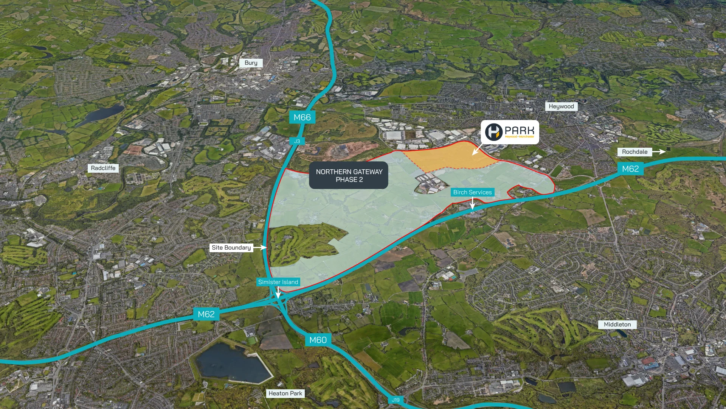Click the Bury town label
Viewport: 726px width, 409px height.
coord(251,63)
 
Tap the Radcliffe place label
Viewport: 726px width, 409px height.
coord(103,168)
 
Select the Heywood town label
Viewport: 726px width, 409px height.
coord(561,106)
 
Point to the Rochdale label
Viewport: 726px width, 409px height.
coord(634,152)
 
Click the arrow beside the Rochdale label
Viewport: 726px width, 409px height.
coord(659,151)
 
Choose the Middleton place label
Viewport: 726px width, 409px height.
coord(617,325)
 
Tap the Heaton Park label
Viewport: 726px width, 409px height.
coord(285,393)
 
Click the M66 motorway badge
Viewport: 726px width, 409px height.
coord(302,117)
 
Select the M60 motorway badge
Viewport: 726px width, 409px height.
coord(318,340)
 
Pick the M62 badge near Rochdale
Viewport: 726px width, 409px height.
coord(630,169)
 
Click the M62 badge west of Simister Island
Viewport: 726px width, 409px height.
coord(206,314)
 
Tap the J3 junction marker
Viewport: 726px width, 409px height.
coord(297,141)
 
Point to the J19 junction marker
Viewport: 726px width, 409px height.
coord(396,400)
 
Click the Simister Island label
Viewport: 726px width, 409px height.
coord(278,282)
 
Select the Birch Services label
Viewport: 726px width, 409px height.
coord(472,192)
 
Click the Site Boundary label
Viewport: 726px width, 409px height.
coord(231,248)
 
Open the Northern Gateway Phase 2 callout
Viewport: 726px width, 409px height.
coord(349,175)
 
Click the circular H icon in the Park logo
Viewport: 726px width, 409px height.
coord(494,132)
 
